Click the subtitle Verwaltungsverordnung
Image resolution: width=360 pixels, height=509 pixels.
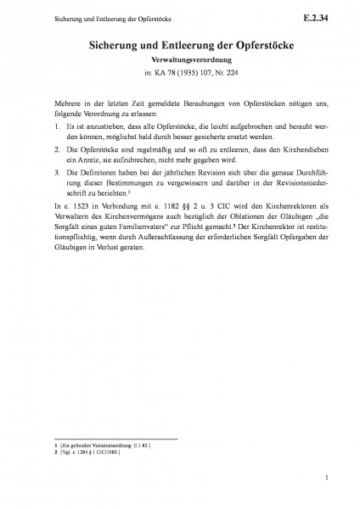pos(179,61)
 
